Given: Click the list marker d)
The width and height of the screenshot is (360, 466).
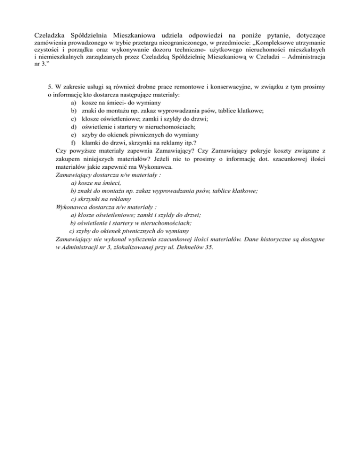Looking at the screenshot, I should click(74, 127).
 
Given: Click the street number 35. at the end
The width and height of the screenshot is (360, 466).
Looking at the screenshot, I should click(210, 247).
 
